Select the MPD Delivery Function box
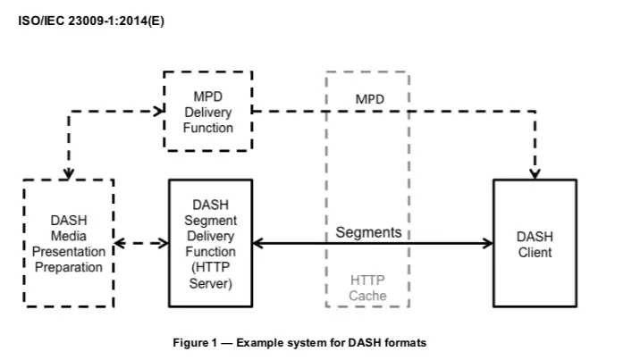tap(208, 112)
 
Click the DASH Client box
tap(535, 244)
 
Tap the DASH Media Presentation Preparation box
tap(69, 243)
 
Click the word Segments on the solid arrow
tap(368, 232)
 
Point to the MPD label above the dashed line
tap(369, 99)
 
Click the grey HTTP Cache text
tap(367, 288)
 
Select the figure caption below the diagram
tap(299, 343)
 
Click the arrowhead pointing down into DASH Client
tap(535, 172)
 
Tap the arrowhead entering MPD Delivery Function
tap(159, 112)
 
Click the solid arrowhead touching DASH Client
tap(488, 243)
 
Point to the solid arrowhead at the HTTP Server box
tap(258, 243)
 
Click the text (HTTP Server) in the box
tap(210, 275)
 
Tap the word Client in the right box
tap(535, 252)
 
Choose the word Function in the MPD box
tap(208, 128)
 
